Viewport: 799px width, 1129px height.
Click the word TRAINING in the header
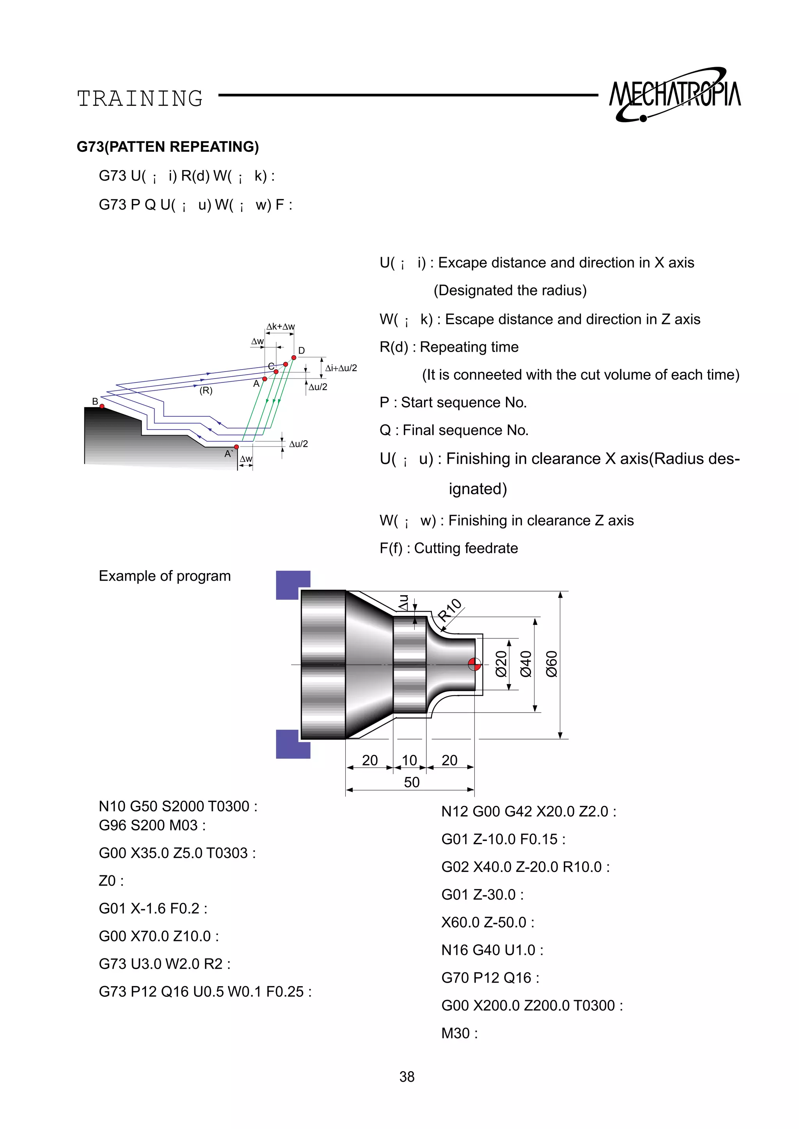pos(140,99)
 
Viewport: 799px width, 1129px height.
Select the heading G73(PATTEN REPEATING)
pos(168,147)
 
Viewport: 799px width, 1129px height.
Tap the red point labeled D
pos(294,358)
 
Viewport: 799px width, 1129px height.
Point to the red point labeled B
pos(102,406)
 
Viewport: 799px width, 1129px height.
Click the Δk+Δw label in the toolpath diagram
pos(281,327)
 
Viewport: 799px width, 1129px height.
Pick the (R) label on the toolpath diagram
pos(206,391)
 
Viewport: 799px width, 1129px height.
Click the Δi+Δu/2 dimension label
pos(341,368)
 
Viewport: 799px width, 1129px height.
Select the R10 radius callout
pos(450,610)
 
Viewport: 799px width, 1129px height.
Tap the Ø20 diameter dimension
pos(501,665)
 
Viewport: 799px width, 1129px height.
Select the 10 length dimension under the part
pos(409,760)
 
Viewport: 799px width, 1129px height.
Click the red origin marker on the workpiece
pos(474,665)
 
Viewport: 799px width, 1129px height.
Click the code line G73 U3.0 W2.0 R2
pos(164,964)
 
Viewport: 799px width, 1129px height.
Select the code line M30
pos(459,1033)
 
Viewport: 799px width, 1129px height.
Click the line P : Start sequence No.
pos(453,403)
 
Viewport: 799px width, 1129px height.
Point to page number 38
pos(407,1077)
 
